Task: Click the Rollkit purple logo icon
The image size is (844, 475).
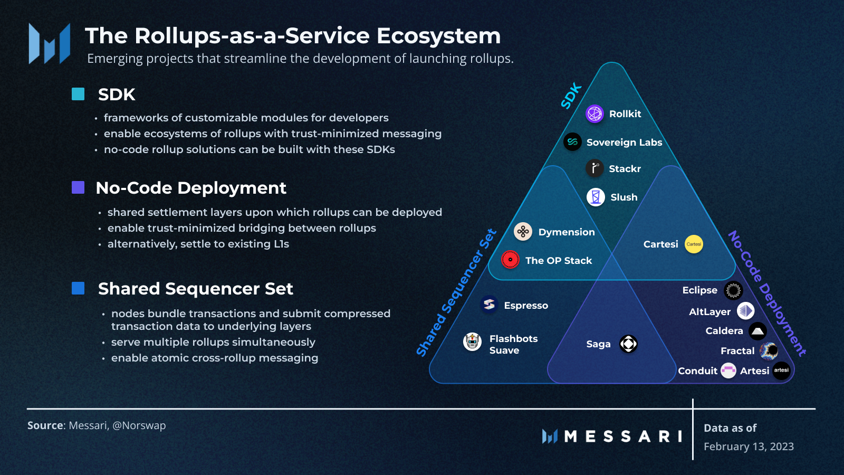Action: [594, 113]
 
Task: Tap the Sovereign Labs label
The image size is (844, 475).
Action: [624, 142]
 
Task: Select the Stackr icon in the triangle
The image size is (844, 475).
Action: [594, 168]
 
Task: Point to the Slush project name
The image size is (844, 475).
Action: [624, 197]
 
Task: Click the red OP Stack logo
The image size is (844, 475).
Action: [510, 260]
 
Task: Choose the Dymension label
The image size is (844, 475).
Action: [566, 232]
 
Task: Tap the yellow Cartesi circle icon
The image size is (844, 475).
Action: [694, 244]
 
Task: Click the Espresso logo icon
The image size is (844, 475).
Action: [489, 305]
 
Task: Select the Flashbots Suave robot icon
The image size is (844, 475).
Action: [472, 342]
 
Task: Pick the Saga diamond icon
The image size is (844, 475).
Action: [628, 344]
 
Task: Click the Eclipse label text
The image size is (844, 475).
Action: [699, 290]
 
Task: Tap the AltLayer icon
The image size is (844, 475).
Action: [745, 311]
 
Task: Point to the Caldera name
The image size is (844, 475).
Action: [724, 331]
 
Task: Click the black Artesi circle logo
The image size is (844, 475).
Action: [781, 370]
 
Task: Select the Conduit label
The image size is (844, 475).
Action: [697, 371]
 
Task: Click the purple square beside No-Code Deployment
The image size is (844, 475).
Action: [78, 187]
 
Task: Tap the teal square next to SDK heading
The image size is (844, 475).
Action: [78, 94]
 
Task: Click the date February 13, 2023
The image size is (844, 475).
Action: [749, 446]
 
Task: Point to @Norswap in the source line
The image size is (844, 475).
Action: [139, 425]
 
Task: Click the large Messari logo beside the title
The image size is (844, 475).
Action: [50, 44]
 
